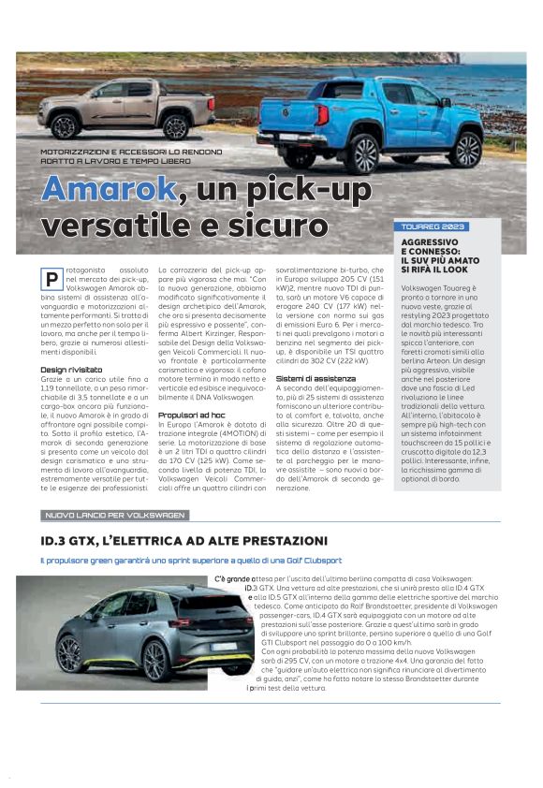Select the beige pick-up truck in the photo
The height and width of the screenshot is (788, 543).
pyautogui.click(x=125, y=108)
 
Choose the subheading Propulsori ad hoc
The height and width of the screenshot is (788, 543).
pyautogui.click(x=192, y=415)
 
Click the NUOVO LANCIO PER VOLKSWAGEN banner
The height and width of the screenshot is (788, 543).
pyautogui.click(x=116, y=516)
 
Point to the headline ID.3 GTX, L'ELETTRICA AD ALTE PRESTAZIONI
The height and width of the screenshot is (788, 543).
pyautogui.click(x=183, y=542)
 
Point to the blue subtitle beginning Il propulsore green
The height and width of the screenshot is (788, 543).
pyautogui.click(x=190, y=560)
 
